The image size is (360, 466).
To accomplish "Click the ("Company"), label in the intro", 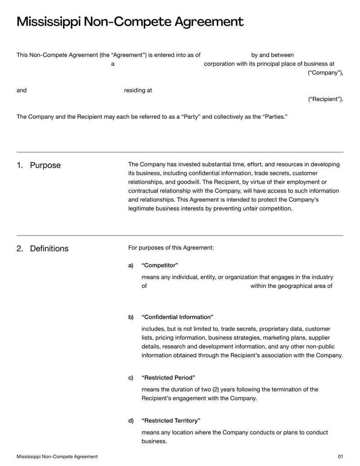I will pyautogui.click(x=325, y=73).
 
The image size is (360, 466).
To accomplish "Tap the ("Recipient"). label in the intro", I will pyautogui.click(x=325, y=99).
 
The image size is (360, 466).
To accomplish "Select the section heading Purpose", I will pyautogui.click(x=45, y=165).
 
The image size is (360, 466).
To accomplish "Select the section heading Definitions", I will pyautogui.click(x=49, y=249).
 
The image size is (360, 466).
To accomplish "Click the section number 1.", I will pyautogui.click(x=19, y=165).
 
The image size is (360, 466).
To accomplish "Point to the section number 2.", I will pyautogui.click(x=19, y=249).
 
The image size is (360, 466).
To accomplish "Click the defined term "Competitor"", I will pyautogui.click(x=160, y=265).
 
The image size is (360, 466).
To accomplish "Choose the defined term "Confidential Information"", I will pyautogui.click(x=177, y=317).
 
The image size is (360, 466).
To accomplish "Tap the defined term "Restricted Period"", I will pyautogui.click(x=168, y=377).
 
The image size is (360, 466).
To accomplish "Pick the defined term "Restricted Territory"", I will pyautogui.click(x=171, y=421).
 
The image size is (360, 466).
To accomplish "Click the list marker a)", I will pyautogui.click(x=131, y=265).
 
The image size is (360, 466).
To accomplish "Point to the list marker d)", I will pyautogui.click(x=131, y=421).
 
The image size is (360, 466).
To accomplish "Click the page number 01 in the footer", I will pyautogui.click(x=340, y=457).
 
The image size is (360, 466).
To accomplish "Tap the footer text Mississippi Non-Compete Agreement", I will pyautogui.click(x=57, y=457).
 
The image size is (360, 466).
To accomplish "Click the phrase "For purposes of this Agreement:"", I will pyautogui.click(x=171, y=248).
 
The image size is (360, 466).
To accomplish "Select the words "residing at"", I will pyautogui.click(x=138, y=90).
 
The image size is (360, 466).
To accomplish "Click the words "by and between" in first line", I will pyautogui.click(x=272, y=55).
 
